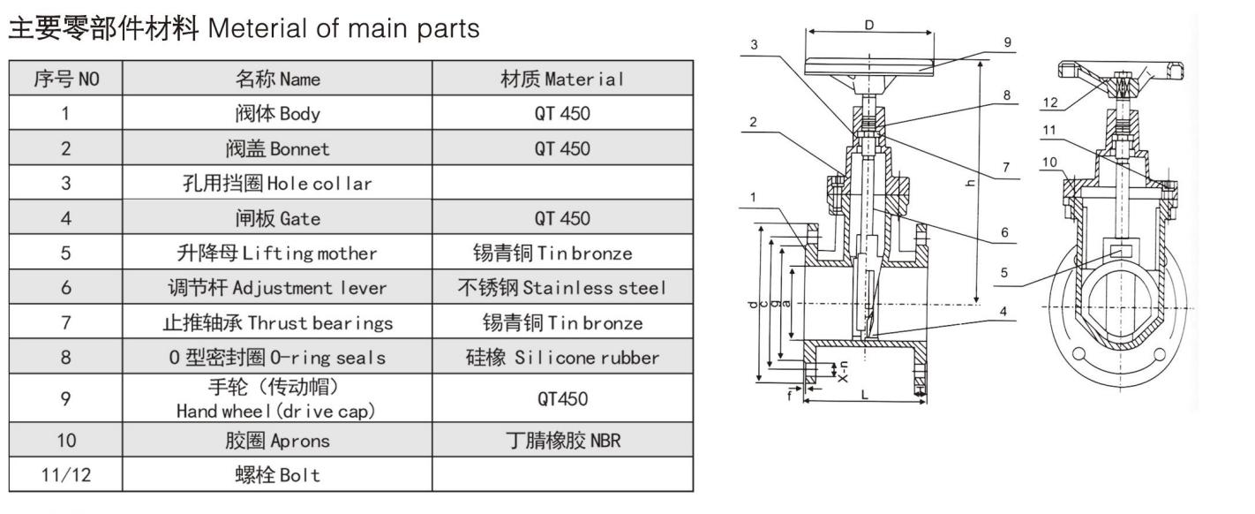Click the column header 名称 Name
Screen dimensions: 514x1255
(277, 79)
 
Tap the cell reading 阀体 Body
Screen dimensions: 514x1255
(277, 113)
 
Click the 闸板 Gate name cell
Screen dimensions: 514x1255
(277, 218)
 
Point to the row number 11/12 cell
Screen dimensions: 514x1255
(65, 474)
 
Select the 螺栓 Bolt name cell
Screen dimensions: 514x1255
(277, 474)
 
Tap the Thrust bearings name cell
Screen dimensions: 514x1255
(277, 323)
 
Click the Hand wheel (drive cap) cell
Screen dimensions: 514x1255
(277, 398)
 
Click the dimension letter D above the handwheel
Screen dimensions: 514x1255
(869, 25)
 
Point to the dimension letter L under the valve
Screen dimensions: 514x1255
(864, 396)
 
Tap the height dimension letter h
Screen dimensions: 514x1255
(995, 182)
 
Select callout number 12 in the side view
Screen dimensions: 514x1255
(1048, 102)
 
